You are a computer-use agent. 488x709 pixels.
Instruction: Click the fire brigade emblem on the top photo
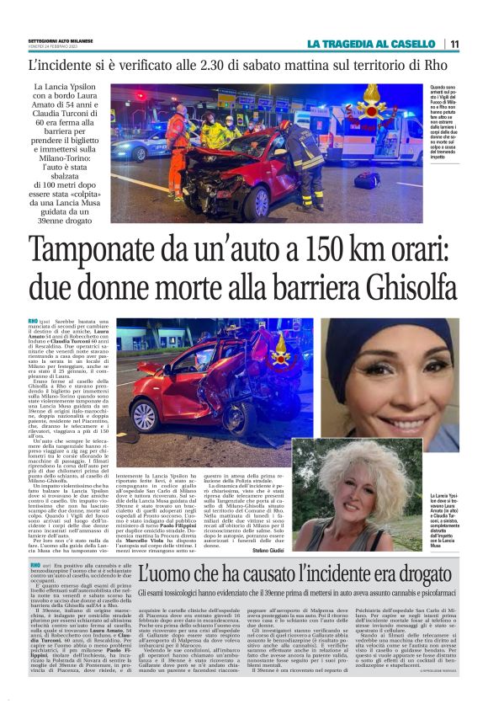[x=370, y=94]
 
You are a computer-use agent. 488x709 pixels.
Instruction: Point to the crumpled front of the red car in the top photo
[x=215, y=173]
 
